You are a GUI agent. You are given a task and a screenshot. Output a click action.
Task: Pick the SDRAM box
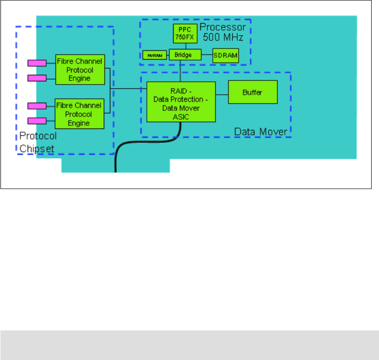pos(225,55)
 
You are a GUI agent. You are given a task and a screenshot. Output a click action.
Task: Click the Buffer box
pos(253,92)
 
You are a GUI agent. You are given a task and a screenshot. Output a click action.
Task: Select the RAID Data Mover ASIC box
pos(181,102)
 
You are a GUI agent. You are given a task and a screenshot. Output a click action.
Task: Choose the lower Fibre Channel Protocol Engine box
pos(79,113)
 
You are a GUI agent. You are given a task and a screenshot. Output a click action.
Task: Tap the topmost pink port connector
pos(36,62)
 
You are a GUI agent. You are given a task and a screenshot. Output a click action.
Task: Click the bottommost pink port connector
pos(36,121)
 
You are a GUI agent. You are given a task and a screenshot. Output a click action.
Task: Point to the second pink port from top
pos(36,77)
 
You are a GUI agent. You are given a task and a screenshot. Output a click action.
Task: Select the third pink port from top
pos(36,106)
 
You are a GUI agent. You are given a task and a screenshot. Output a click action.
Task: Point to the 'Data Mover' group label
pos(261,132)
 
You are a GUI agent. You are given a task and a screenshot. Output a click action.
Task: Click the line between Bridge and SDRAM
pos(207,55)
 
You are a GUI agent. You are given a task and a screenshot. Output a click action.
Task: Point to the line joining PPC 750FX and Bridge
pos(185,46)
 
